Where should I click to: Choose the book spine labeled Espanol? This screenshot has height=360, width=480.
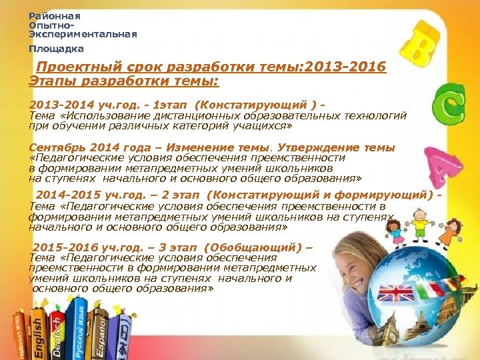(102, 330)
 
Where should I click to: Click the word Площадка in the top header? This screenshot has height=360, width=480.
(56, 49)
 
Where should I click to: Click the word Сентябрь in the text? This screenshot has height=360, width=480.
(57, 147)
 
